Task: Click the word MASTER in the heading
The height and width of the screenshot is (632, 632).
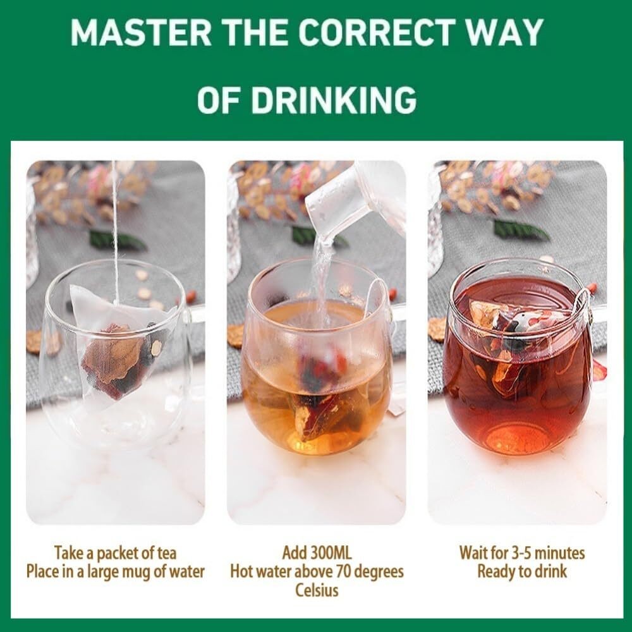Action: pos(141,32)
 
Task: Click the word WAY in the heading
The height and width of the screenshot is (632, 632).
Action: pos(502,32)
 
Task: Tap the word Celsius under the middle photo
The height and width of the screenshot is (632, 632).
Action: pos(317,590)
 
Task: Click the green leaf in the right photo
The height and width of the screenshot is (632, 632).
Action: pos(521,230)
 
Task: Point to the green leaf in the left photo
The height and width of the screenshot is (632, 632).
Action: pos(117,239)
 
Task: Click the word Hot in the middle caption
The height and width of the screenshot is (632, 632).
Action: pos(241,571)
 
